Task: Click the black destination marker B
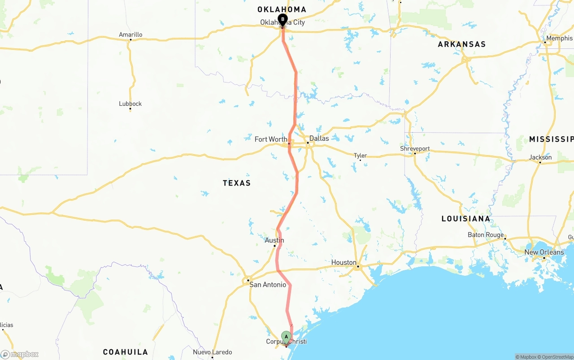pos(283,19)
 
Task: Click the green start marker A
pos(286,337)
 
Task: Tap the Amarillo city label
pos(130,35)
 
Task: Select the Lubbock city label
pos(130,104)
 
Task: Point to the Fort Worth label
pos(271,139)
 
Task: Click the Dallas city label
pos(319,138)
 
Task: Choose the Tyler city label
pos(360,156)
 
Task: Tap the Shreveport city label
pos(415,148)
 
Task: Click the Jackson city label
pos(540,157)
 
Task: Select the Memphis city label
pos(559,39)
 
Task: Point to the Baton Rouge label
pos(485,235)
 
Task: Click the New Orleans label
pos(544,252)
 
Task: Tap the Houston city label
pos(344,262)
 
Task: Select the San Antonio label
pos(268,285)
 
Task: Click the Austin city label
pos(274,240)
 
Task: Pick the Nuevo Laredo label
pos(213,352)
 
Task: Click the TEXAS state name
pos(237,183)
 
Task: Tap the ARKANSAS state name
pos(461,44)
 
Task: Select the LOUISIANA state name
pos(466,219)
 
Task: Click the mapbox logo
pos(20,355)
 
